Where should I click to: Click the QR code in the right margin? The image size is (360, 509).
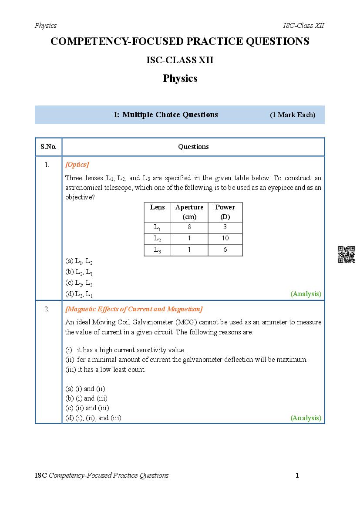346,254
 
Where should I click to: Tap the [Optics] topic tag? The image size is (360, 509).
77,165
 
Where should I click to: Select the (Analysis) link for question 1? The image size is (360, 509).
306,294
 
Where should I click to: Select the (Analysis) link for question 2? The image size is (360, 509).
306,418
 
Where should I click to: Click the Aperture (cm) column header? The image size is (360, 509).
189,212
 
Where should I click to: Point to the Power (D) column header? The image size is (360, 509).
225,212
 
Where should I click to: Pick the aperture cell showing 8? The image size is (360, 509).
189,227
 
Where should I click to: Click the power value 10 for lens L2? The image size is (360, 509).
225,238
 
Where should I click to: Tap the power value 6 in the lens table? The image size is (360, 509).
225,249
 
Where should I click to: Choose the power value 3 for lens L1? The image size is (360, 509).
225,227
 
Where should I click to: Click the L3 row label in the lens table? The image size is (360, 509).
158,250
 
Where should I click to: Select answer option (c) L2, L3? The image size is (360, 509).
79,283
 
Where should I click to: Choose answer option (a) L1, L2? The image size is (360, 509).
79,261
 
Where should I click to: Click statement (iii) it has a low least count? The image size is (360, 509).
105,370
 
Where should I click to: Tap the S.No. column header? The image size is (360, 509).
48,147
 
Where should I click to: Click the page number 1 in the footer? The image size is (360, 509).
297,475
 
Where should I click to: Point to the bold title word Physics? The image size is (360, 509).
180,78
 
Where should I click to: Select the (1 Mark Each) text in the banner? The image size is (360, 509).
293,115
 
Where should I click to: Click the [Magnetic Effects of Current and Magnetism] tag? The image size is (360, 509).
134,309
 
